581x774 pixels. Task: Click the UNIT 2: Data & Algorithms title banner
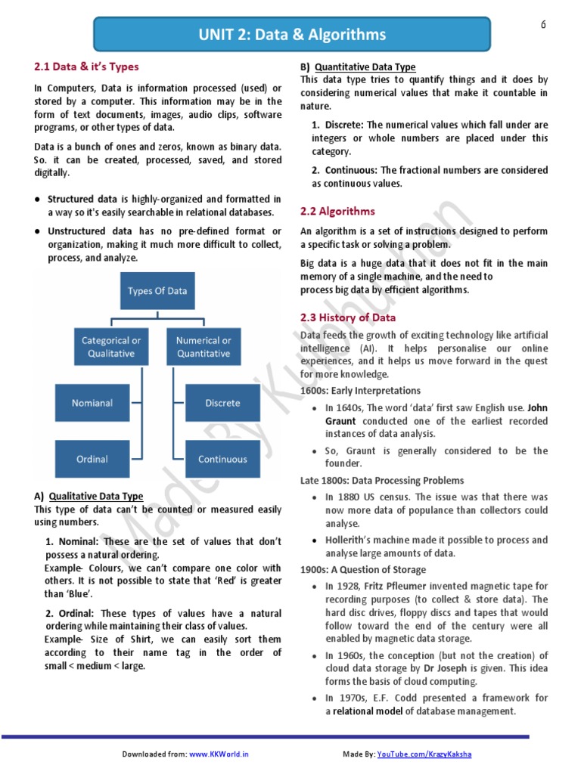pyautogui.click(x=291, y=35)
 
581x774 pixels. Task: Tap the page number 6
pyautogui.click(x=542, y=25)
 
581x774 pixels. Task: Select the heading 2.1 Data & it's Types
pyautogui.click(x=87, y=67)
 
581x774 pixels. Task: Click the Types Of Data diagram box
pyautogui.click(x=157, y=291)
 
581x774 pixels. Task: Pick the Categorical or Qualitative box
pyautogui.click(x=111, y=347)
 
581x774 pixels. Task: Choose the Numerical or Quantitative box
pyautogui.click(x=204, y=347)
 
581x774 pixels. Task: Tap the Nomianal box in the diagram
pyautogui.click(x=92, y=403)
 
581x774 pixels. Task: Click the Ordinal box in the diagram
pyautogui.click(x=92, y=459)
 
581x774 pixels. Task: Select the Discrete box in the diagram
pyautogui.click(x=222, y=403)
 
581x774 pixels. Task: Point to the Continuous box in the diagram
pyautogui.click(x=222, y=459)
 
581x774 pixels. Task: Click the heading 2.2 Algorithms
pyautogui.click(x=337, y=211)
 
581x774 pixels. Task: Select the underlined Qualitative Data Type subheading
pyautogui.click(x=96, y=497)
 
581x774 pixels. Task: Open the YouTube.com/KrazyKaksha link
pyautogui.click(x=428, y=754)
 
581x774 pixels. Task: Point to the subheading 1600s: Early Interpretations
pyautogui.click(x=360, y=391)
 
